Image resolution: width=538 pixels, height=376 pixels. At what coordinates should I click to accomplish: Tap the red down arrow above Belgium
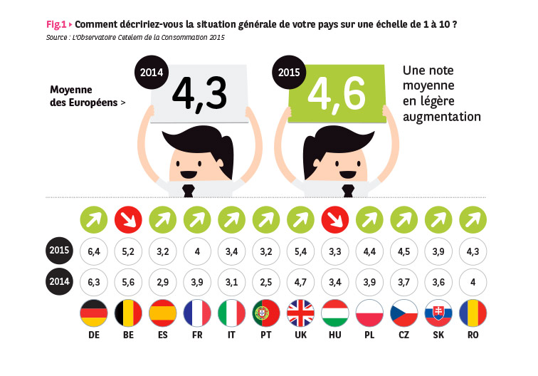point(129,219)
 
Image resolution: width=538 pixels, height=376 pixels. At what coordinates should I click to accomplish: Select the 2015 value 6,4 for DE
point(94,251)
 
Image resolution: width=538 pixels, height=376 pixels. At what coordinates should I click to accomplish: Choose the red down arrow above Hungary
point(336,219)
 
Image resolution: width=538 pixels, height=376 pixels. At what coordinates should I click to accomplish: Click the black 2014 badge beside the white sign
point(151,73)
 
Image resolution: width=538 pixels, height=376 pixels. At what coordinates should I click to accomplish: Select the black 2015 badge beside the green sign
point(288,73)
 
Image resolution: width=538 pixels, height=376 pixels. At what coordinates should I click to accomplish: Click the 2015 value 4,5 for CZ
point(405,251)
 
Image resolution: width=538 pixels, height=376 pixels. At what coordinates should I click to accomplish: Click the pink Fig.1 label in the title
point(58,24)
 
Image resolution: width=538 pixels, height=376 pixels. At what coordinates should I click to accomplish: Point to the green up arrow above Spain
point(163,219)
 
